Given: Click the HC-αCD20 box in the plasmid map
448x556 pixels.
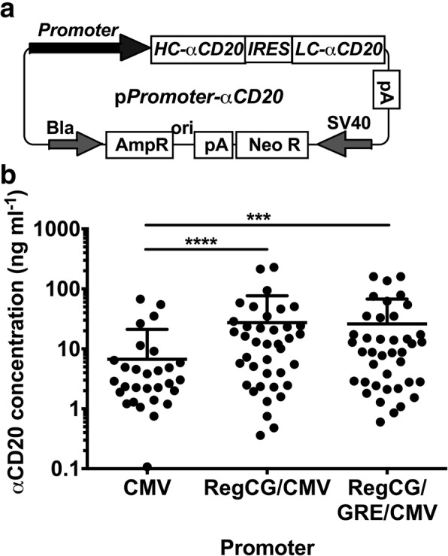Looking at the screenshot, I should click(199, 49).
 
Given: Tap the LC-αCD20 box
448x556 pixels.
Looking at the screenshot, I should click(342, 49).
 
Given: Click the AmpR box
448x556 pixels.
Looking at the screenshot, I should click(141, 142).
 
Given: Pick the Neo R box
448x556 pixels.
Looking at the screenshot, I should click(272, 142).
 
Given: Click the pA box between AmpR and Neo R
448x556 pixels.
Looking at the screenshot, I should click(212, 143).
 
